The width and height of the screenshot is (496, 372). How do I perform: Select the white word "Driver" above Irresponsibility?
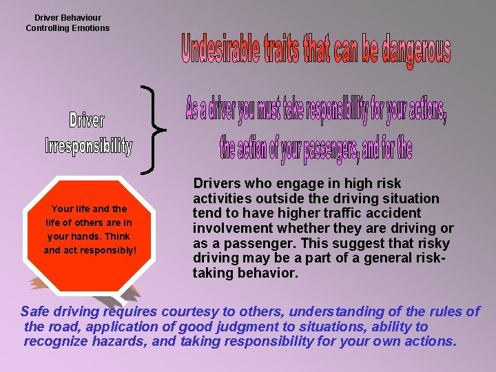(x=87, y=121)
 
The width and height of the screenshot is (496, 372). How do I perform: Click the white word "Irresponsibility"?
(x=88, y=146)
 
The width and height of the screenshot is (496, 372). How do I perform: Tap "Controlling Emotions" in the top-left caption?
(x=68, y=28)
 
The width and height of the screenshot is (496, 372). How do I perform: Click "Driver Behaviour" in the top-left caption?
(x=68, y=18)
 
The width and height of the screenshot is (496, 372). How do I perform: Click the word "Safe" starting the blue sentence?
(x=36, y=311)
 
